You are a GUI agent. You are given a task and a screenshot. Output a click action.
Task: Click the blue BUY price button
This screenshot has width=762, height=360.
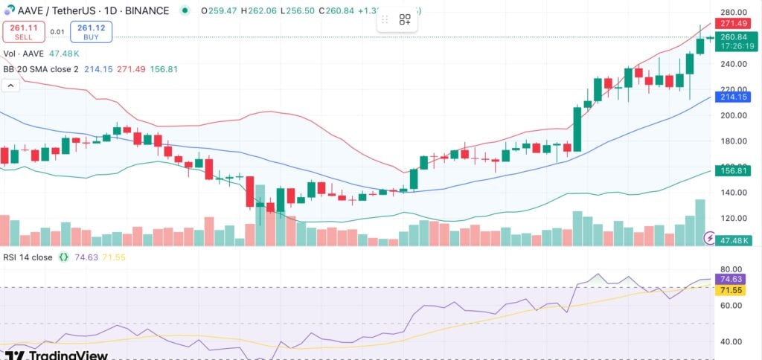point(91,31)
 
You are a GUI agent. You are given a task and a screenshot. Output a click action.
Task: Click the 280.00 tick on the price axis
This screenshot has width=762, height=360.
point(734,13)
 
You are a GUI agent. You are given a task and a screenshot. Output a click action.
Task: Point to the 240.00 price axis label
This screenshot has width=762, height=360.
point(734,64)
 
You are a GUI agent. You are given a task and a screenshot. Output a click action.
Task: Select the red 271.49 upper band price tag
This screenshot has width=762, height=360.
point(734,24)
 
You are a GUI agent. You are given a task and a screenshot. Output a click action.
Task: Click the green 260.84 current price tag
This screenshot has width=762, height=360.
point(734,37)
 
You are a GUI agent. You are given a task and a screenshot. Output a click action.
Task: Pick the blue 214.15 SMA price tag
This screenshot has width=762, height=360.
point(734,97)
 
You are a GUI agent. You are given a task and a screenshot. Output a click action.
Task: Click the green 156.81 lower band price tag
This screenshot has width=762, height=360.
point(734,170)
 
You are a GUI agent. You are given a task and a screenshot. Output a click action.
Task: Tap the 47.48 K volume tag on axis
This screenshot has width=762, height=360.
point(734,240)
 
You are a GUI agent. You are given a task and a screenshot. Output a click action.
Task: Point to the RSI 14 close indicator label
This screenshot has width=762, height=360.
point(28,257)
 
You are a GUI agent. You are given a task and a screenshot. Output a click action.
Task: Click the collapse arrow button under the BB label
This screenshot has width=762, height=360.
point(11,86)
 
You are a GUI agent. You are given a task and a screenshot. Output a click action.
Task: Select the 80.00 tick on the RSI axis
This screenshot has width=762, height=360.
point(734,269)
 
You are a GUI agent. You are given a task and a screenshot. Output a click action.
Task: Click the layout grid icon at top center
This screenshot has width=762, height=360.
point(405,20)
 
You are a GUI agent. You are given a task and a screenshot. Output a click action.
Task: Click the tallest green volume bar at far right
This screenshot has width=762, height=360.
point(700,222)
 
